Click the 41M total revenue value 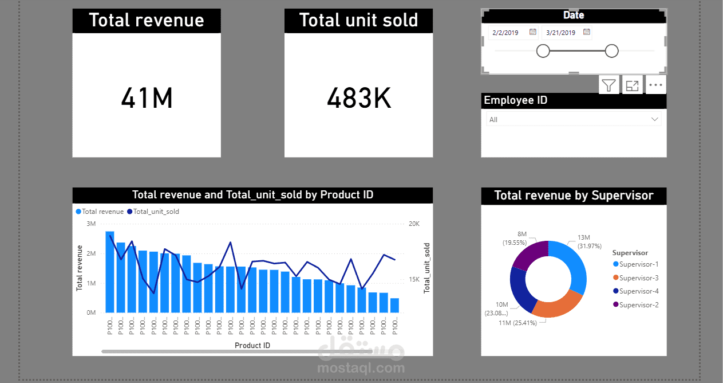(x=147, y=99)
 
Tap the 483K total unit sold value (x=359, y=99)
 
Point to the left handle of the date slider (x=543, y=51)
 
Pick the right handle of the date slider (x=611, y=51)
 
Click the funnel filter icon (x=609, y=85)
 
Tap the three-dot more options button (x=655, y=85)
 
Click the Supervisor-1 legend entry (x=638, y=264)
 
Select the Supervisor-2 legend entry (x=638, y=305)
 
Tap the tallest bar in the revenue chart (x=110, y=272)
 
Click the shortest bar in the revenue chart (x=394, y=305)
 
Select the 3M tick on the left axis (x=91, y=224)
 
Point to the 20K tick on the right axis (x=414, y=224)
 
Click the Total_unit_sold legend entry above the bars (x=156, y=212)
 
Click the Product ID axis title (x=252, y=345)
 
